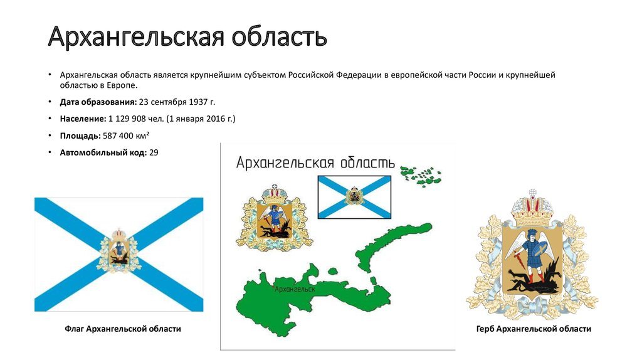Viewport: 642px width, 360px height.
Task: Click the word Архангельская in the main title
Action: tap(136, 37)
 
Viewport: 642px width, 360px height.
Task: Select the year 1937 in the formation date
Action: tap(197, 102)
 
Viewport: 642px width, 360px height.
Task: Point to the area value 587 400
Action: tap(116, 135)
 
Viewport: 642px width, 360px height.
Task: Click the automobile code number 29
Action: tap(154, 152)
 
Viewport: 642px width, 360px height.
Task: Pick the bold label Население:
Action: tap(83, 119)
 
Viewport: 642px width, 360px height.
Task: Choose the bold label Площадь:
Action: tap(80, 136)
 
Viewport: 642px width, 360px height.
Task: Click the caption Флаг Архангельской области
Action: tap(123, 329)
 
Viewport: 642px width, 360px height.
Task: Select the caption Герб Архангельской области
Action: tap(534, 329)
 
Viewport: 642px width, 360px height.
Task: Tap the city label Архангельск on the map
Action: tap(295, 289)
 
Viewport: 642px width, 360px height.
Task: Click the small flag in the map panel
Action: tap(355, 197)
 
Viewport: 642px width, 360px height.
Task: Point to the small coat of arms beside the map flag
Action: tap(275, 217)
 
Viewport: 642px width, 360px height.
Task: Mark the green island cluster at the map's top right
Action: tap(421, 176)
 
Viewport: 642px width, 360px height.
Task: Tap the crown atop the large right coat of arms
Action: tap(532, 209)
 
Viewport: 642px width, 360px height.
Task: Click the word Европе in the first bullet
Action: tap(122, 85)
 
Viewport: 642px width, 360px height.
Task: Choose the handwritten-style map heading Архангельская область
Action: tap(315, 162)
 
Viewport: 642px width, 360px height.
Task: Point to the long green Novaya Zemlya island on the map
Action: tap(389, 246)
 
